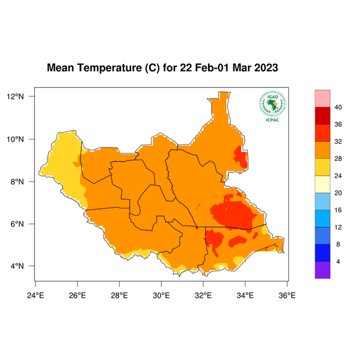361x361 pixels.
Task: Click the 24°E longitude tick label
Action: point(35,295)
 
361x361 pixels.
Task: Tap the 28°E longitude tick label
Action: point(119,295)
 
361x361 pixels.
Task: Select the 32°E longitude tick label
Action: point(203,295)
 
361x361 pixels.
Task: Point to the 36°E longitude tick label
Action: point(287,295)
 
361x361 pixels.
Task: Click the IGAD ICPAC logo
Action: point(272,107)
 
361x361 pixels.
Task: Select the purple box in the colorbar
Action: point(323,270)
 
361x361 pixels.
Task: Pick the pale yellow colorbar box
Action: point(323,184)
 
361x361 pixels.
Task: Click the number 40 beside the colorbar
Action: point(338,107)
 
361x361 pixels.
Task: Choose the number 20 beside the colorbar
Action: point(338,193)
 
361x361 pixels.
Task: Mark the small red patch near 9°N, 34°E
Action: point(241,158)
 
